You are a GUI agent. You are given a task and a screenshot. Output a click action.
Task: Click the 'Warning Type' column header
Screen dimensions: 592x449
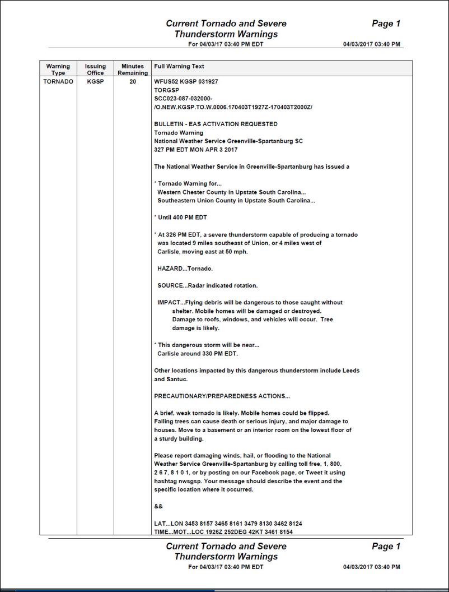(x=58, y=70)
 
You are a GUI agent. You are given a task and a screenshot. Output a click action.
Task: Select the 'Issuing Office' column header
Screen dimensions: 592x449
(x=95, y=70)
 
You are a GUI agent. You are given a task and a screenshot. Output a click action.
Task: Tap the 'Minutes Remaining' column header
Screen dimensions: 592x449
(x=133, y=70)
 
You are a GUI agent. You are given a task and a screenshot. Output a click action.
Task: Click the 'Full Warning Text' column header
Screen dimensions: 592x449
(x=179, y=66)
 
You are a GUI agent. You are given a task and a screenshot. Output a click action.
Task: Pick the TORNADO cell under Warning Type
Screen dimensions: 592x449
(x=58, y=82)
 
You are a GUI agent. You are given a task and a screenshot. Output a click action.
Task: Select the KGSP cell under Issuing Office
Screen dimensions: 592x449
(x=95, y=82)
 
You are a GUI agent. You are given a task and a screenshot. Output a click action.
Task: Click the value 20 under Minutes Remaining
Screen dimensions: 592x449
(x=133, y=82)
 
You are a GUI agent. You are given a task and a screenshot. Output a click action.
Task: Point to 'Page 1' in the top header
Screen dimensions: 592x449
(x=386, y=24)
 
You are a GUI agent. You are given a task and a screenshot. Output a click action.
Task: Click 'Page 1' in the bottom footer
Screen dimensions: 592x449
(x=386, y=546)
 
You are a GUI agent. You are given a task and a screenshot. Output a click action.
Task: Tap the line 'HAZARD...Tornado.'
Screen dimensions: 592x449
(x=185, y=269)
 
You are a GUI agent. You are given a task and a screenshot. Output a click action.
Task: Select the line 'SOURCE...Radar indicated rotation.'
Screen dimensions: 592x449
(x=207, y=285)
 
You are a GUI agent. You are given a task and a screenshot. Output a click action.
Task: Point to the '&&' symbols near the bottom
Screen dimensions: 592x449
(x=158, y=506)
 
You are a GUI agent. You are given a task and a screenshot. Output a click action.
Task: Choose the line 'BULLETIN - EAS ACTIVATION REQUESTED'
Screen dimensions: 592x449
(x=216, y=124)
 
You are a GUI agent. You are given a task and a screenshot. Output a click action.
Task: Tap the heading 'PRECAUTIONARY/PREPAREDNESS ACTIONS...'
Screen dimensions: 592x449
(x=222, y=396)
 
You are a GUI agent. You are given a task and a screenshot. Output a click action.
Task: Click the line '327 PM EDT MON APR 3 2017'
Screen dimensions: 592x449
(x=196, y=150)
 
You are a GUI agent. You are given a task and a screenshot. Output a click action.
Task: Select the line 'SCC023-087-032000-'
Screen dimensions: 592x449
(x=183, y=98)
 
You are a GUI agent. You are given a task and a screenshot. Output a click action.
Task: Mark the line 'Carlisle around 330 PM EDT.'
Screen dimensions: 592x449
(x=198, y=354)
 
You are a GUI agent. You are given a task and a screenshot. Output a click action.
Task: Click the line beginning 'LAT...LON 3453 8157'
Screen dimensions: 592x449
(x=228, y=523)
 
